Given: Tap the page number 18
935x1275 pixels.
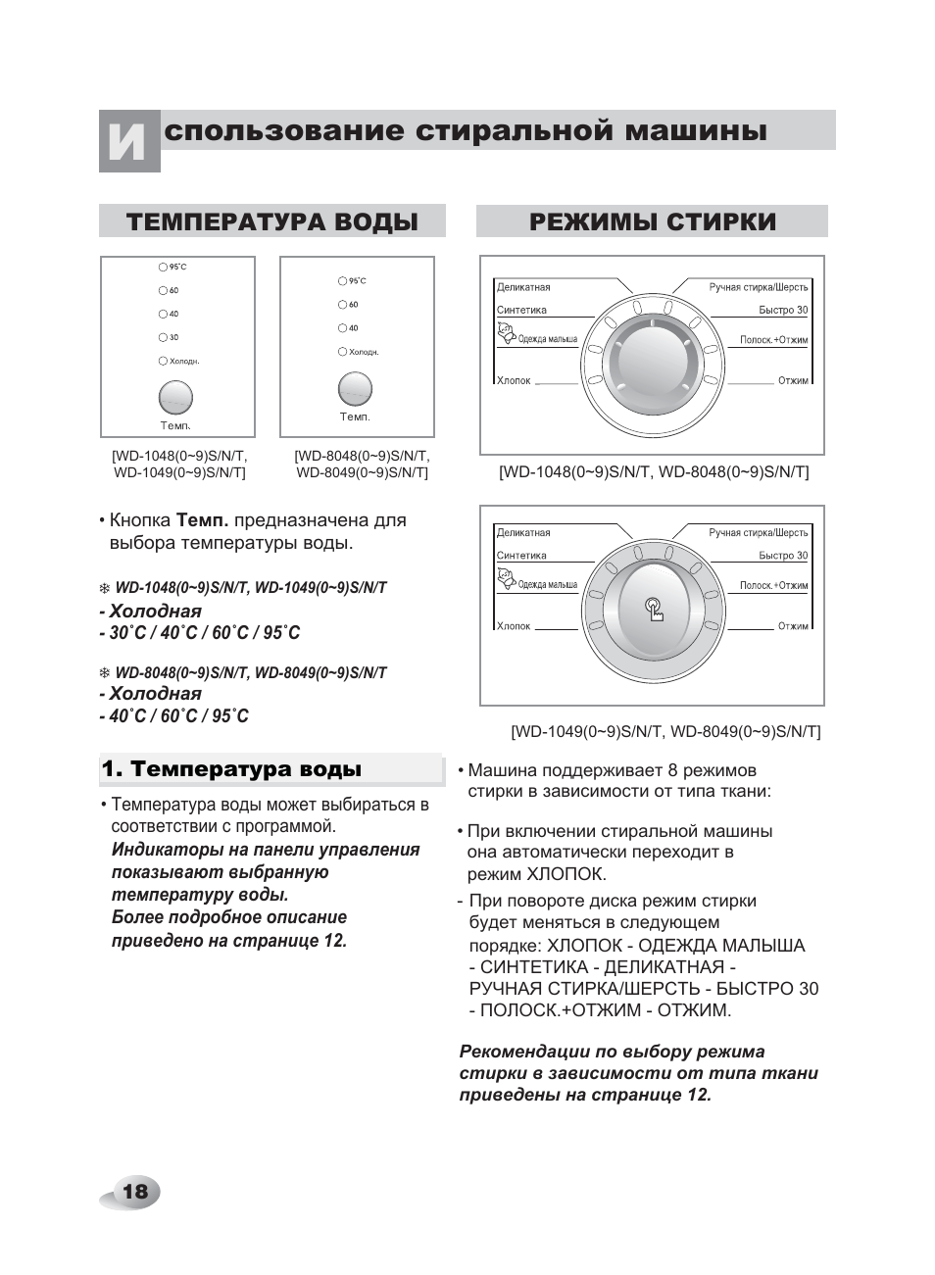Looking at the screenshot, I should (134, 1191).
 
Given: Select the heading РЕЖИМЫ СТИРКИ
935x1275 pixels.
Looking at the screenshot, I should (652, 221).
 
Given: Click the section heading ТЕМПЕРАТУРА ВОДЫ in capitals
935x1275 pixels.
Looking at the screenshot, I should (271, 221).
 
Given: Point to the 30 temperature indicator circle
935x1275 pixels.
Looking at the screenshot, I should (163, 337).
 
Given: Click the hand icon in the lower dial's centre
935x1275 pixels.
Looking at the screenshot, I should (655, 610).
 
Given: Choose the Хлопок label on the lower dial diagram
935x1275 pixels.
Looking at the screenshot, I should (513, 625).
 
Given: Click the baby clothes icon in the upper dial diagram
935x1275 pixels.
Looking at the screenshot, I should (507, 336).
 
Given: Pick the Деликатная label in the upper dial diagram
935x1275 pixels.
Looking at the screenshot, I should (522, 287).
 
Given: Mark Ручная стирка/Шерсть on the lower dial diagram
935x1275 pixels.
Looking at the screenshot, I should (758, 532).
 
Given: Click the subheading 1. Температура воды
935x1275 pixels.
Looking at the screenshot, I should (231, 769).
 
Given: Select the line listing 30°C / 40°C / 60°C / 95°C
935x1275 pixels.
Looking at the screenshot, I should (201, 633).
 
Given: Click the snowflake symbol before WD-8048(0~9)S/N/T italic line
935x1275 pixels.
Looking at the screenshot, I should (104, 673).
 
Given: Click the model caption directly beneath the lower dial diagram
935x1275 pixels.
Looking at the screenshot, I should (664, 731).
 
